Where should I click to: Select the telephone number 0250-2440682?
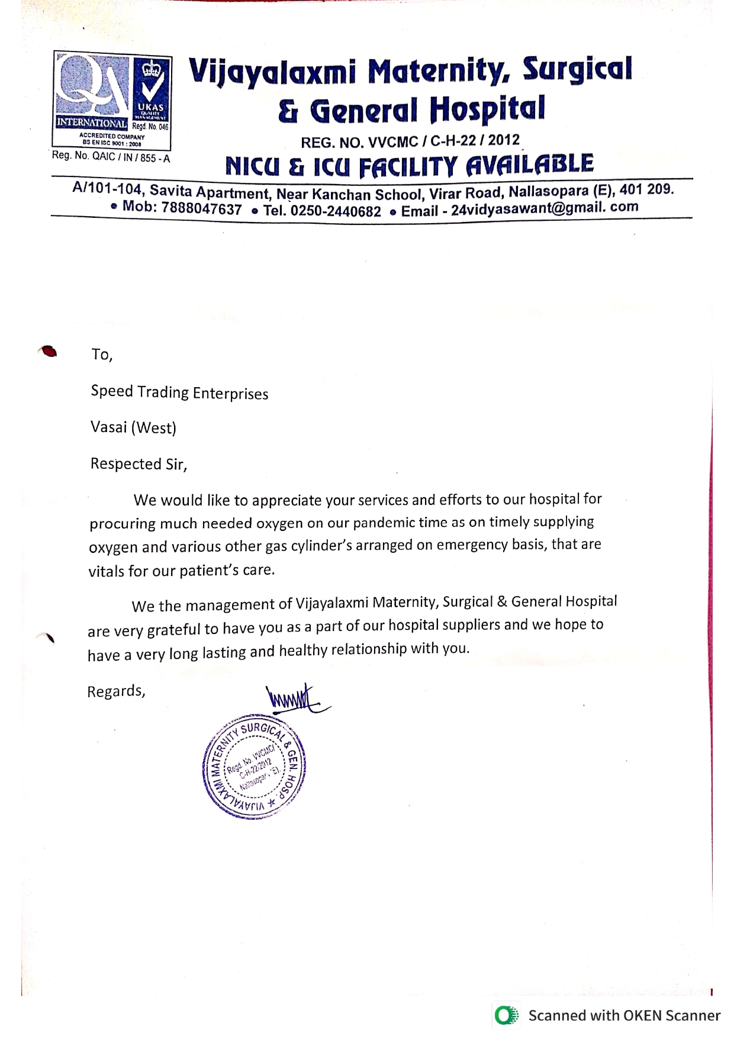pyautogui.click(x=336, y=211)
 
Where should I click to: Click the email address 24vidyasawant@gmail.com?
pyautogui.click(x=545, y=208)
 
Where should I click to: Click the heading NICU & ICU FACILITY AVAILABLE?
pyautogui.click(x=409, y=166)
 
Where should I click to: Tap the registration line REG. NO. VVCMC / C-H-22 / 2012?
pyautogui.click(x=410, y=141)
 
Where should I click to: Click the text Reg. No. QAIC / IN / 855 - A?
pyautogui.click(x=111, y=157)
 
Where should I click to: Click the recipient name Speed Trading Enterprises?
pyautogui.click(x=179, y=393)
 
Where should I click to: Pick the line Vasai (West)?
pyautogui.click(x=133, y=427)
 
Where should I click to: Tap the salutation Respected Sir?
pyautogui.click(x=139, y=464)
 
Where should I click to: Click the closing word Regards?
pyautogui.click(x=116, y=691)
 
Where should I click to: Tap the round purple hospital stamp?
pyautogui.click(x=254, y=767)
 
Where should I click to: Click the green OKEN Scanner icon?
pyautogui.click(x=506, y=1015)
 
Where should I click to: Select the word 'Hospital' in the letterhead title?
pyautogui.click(x=487, y=109)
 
